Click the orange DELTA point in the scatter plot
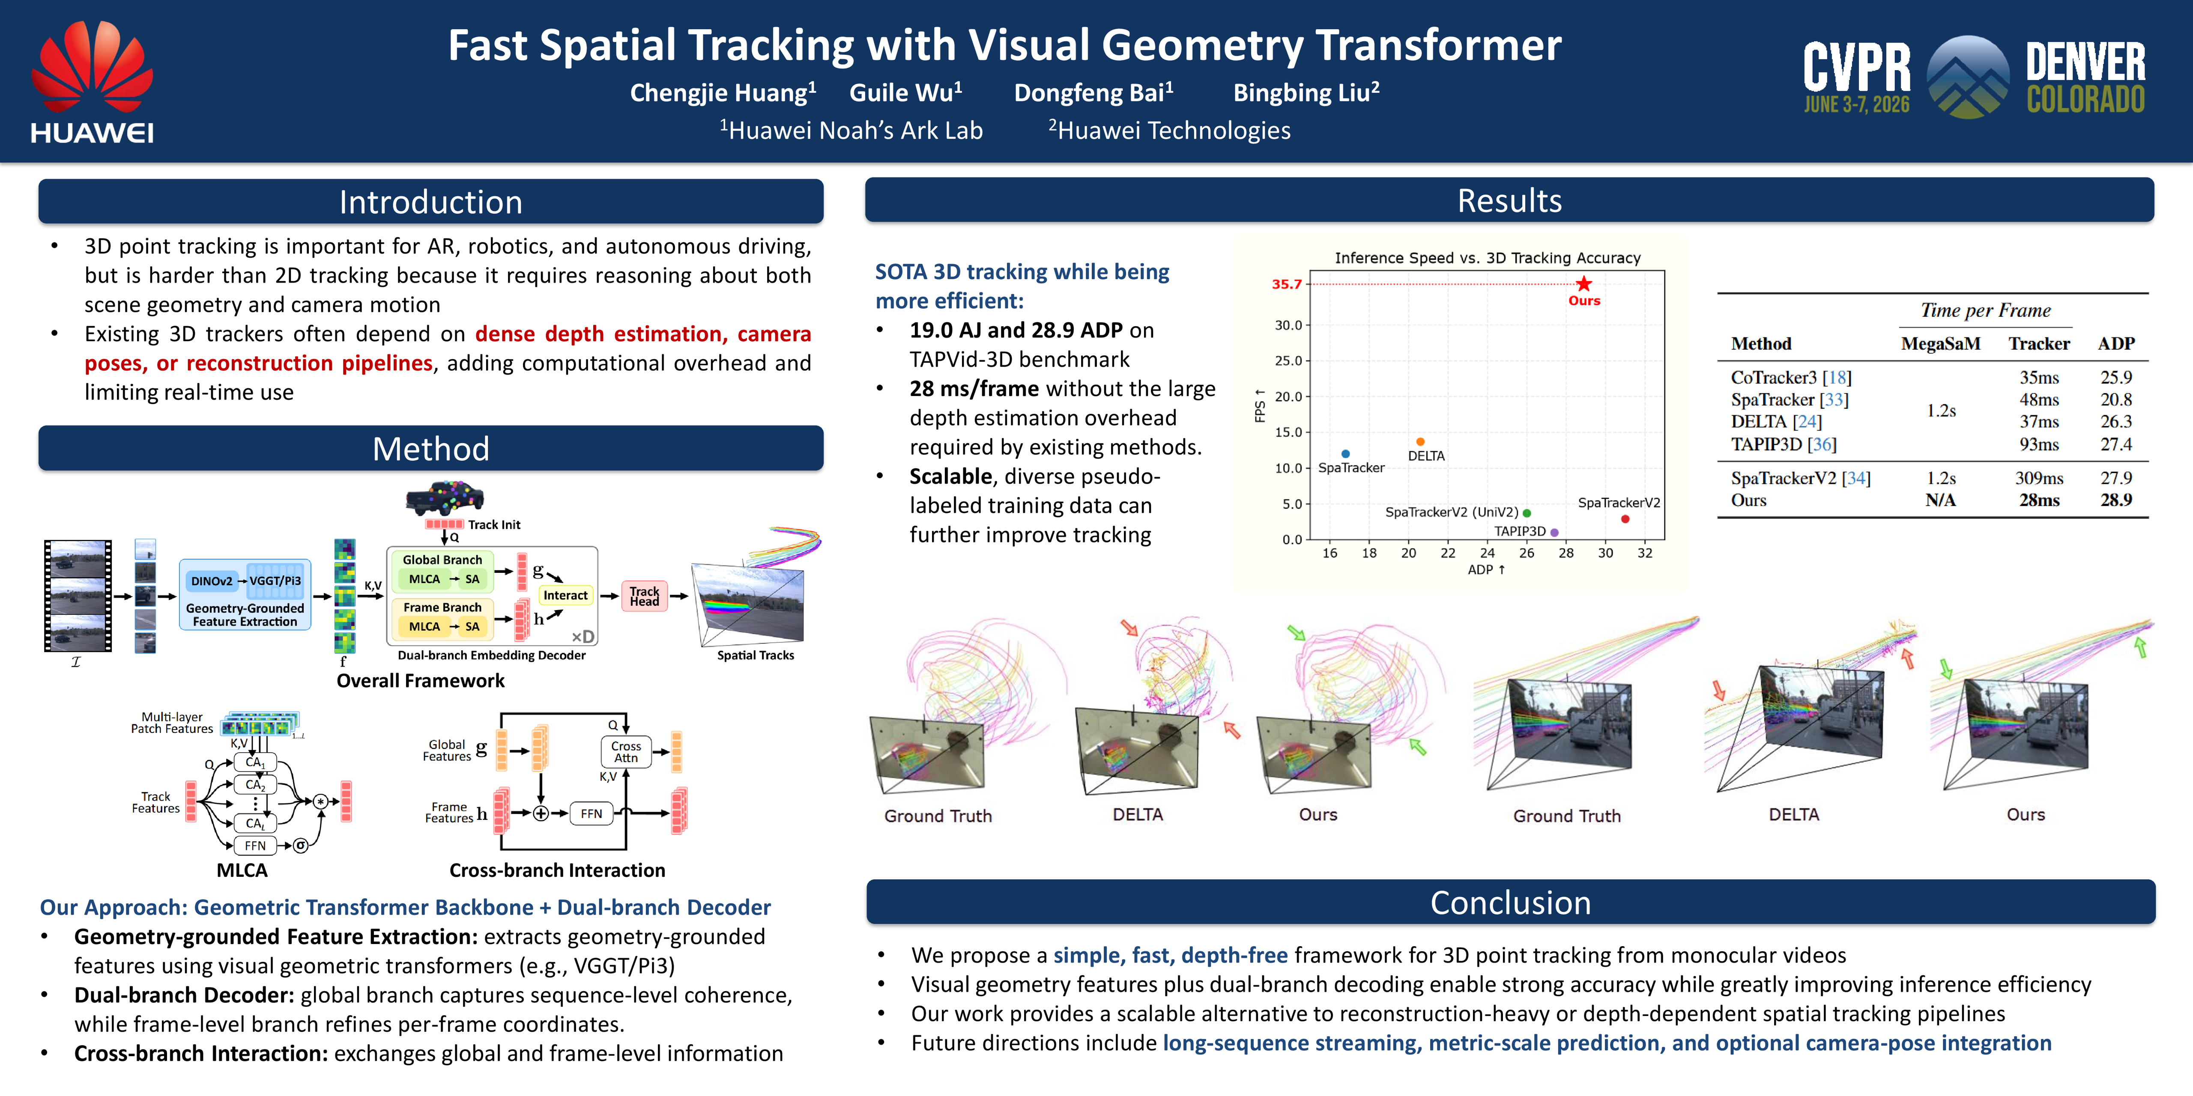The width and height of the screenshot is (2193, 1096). tap(1420, 442)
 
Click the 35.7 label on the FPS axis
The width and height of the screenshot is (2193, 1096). tap(1286, 284)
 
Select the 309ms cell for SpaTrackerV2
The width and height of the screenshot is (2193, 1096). tap(2039, 478)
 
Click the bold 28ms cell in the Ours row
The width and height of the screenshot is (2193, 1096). tap(2039, 500)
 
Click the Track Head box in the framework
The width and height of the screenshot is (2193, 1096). tap(645, 596)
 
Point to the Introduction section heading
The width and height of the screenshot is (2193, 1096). tap(431, 202)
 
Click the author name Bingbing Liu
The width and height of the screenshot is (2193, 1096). tap(1306, 92)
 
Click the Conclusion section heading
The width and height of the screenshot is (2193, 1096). tap(1510, 903)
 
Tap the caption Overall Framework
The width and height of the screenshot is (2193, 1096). tap(421, 681)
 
